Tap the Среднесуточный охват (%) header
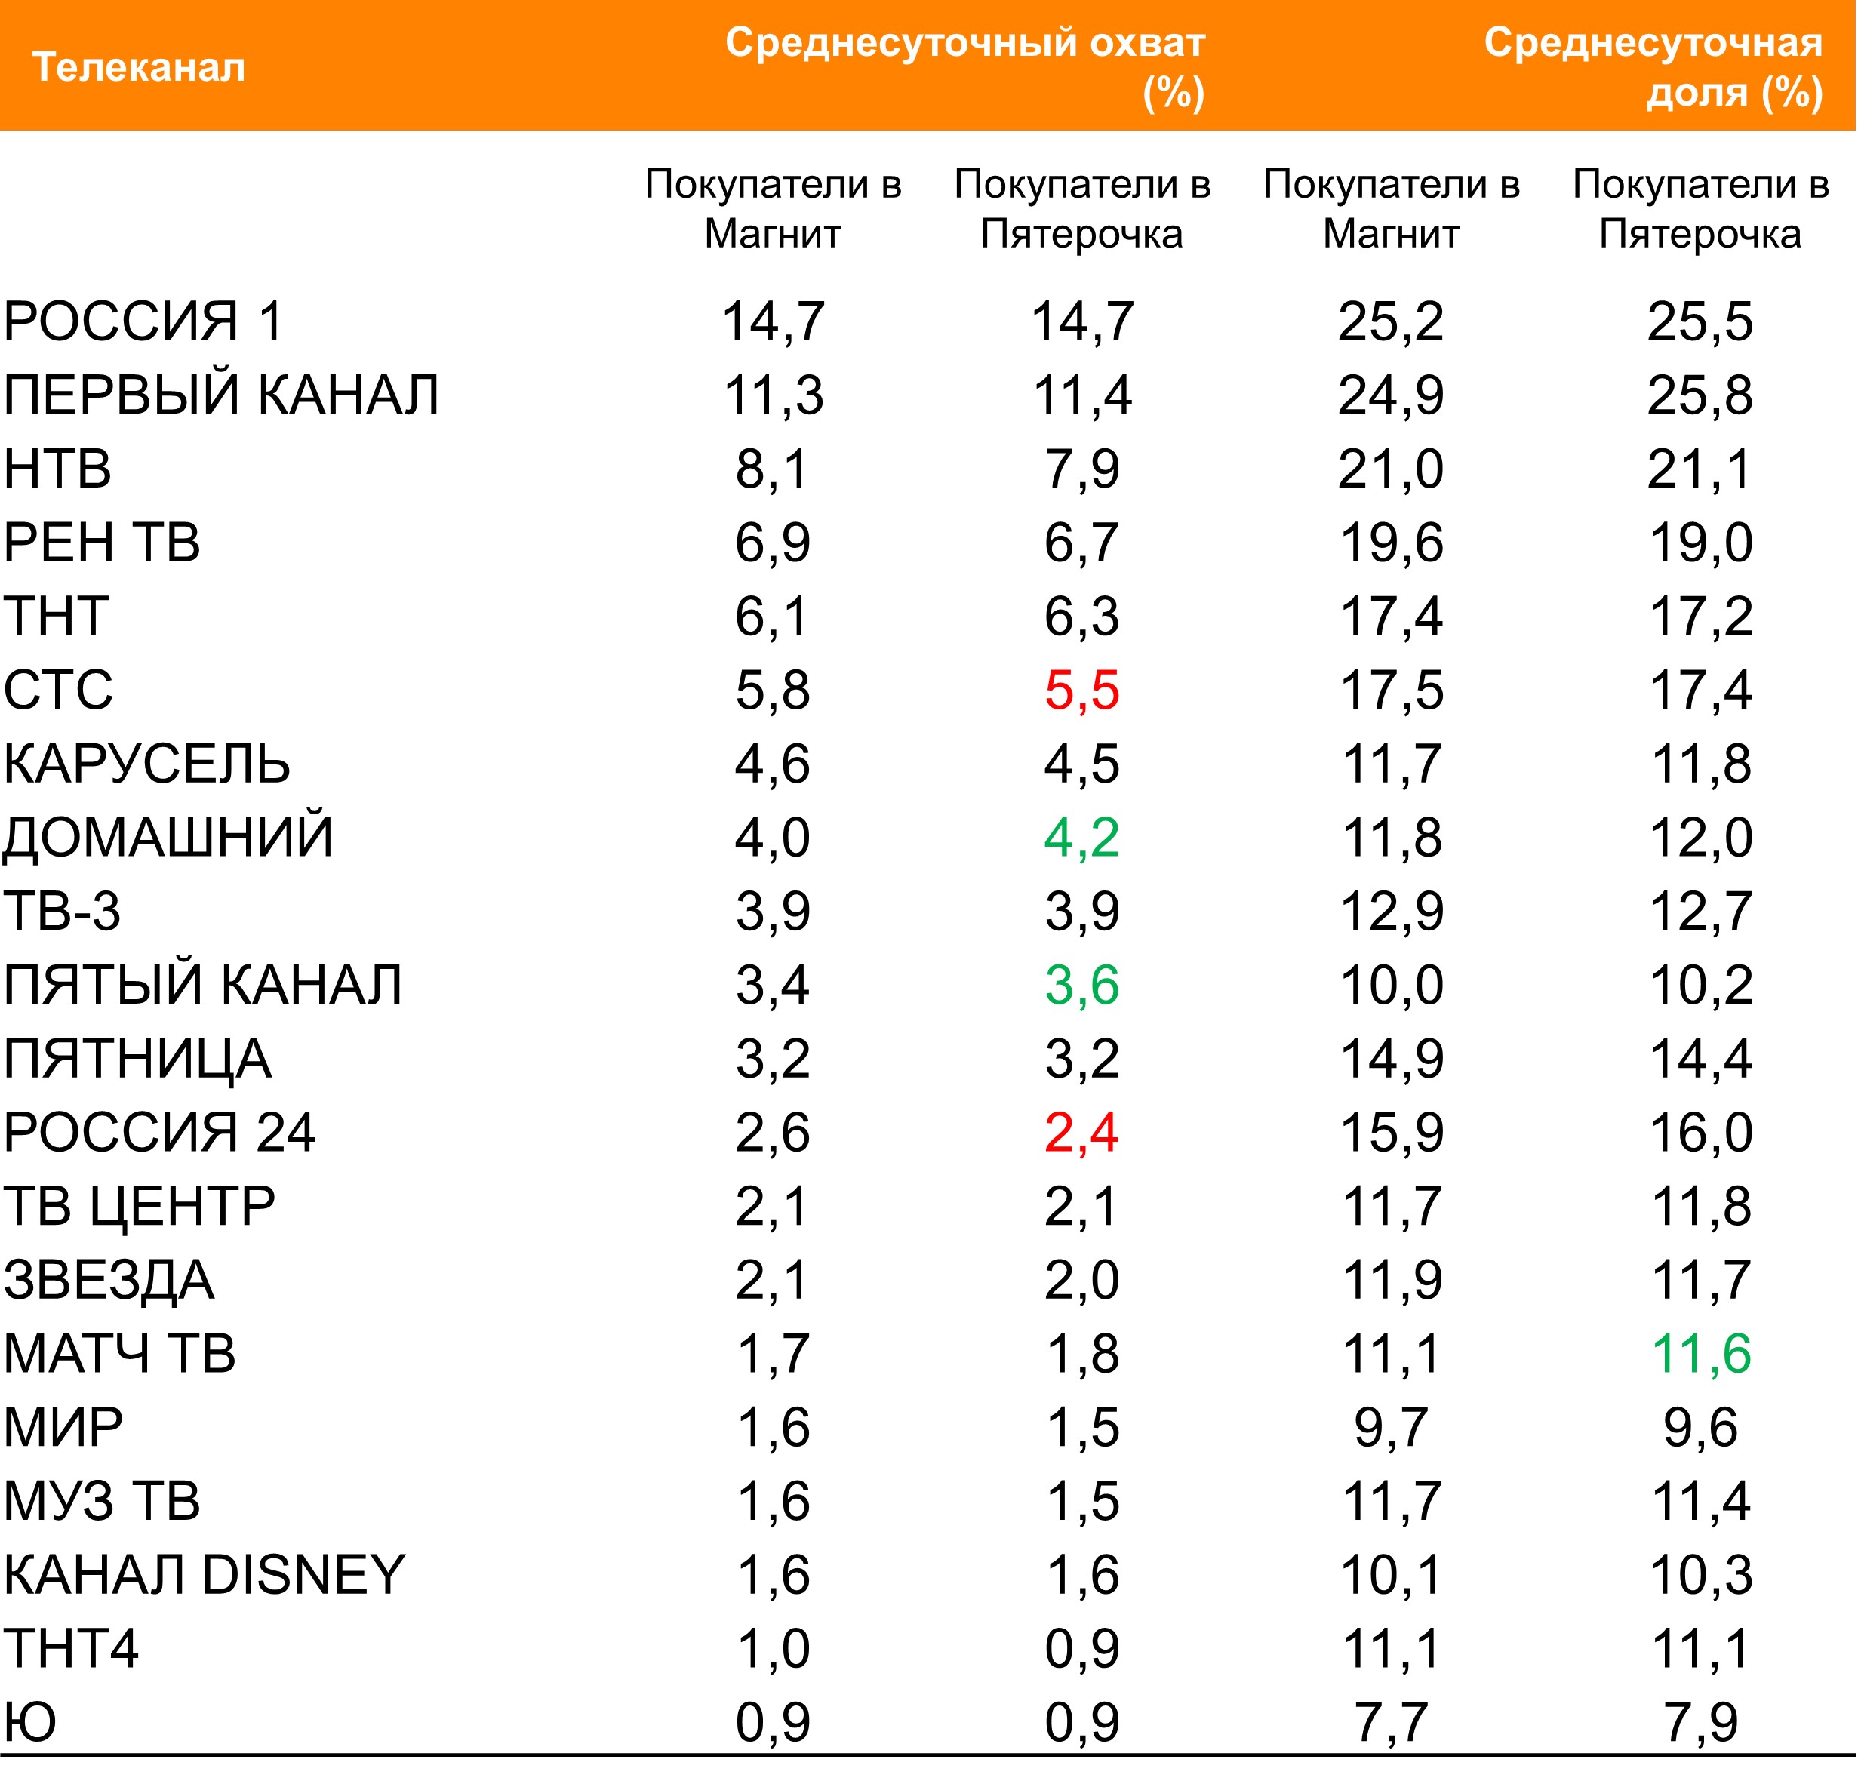(x=965, y=67)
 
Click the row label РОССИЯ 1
(x=143, y=321)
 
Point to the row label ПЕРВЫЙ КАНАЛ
(x=221, y=395)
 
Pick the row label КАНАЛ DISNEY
(x=204, y=1575)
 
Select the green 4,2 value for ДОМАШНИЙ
(x=1081, y=837)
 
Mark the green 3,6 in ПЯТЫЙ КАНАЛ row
(x=1081, y=985)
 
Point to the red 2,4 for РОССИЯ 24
(x=1081, y=1132)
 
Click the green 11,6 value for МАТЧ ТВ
(x=1700, y=1353)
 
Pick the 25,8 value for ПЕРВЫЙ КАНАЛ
(x=1700, y=395)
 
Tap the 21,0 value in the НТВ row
(x=1391, y=469)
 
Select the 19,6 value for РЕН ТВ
(x=1391, y=543)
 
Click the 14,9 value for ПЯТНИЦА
(x=1391, y=1058)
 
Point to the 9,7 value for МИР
(x=1391, y=1427)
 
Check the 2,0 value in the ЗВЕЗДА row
(x=1081, y=1280)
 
